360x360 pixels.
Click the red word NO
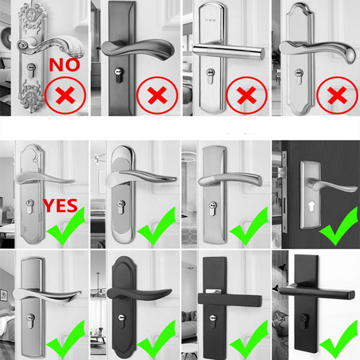(64, 65)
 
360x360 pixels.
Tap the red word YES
(60, 206)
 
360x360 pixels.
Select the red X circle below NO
(65, 95)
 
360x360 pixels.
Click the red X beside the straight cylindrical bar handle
(247, 95)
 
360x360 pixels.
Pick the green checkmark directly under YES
(66, 226)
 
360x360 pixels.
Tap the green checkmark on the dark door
(339, 226)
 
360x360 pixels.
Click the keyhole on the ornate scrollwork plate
(31, 71)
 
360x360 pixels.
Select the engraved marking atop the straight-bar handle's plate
(210, 20)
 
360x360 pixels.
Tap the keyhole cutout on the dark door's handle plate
(311, 206)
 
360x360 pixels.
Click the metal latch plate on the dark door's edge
(284, 192)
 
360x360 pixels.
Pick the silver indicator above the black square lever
(213, 291)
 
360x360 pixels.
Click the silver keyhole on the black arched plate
(121, 321)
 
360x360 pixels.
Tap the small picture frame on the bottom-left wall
(4, 295)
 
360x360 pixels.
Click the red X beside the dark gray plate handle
(157, 95)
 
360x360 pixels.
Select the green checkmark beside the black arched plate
(157, 340)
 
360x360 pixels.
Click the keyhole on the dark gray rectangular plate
(119, 75)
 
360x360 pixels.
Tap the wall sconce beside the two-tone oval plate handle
(99, 158)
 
